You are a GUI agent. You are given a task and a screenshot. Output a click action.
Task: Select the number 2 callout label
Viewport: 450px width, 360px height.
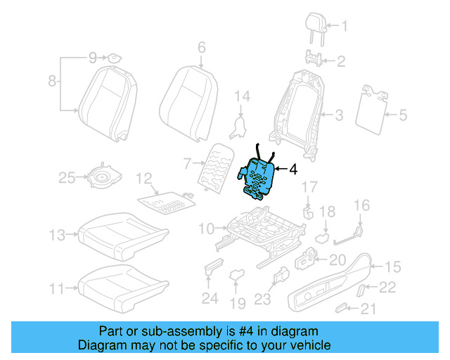(x=341, y=62)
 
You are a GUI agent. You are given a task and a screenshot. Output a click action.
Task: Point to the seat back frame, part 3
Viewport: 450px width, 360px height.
(x=299, y=112)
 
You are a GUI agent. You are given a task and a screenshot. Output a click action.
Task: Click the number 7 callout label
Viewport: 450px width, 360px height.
(x=187, y=165)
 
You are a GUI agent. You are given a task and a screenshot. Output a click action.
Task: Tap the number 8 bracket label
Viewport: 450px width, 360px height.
(x=51, y=82)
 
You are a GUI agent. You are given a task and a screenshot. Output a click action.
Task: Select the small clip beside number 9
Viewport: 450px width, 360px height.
(x=111, y=57)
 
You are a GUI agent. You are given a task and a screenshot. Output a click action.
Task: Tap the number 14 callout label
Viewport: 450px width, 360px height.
(x=242, y=96)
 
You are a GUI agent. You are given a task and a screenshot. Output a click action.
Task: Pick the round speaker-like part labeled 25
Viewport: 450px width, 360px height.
(x=105, y=178)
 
